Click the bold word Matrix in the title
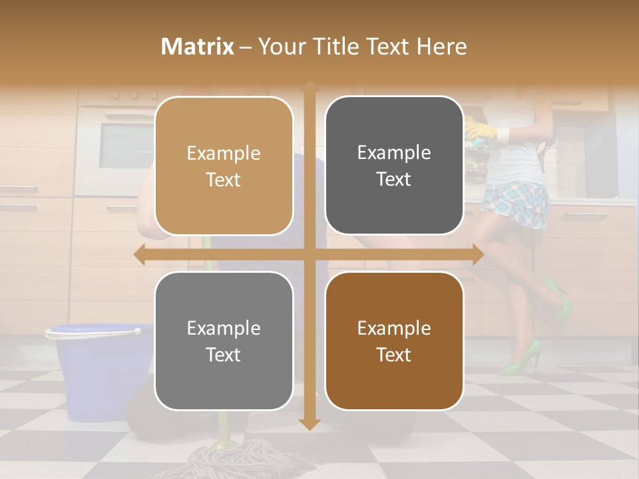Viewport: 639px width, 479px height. tap(198, 47)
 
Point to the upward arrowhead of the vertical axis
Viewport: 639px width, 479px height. tap(310, 86)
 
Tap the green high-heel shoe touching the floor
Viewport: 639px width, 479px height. tap(523, 360)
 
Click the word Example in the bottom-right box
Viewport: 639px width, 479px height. tap(394, 329)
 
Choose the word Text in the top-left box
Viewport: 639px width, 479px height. tap(224, 180)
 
